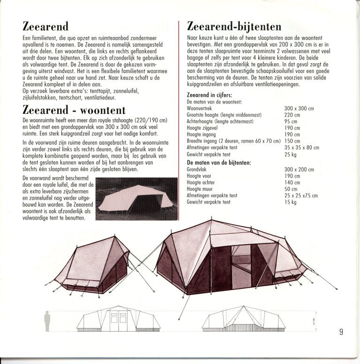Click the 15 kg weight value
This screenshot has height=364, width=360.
point(290,202)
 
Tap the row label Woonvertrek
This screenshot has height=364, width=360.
point(199,108)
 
